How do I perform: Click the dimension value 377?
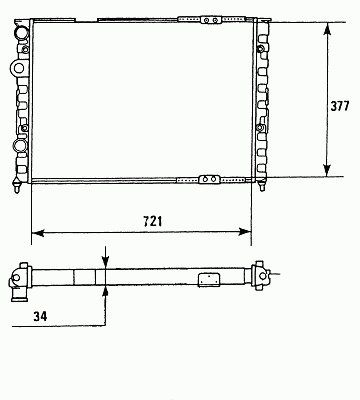[340, 106]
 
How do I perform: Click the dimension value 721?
[153, 221]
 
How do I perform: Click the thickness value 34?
[40, 316]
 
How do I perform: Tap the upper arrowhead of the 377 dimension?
[327, 29]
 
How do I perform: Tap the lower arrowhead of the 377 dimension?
[327, 170]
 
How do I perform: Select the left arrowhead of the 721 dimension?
[38, 232]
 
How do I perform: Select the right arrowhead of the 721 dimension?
[244, 232]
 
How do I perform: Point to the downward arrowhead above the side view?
[105, 262]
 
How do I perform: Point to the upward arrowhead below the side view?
[105, 292]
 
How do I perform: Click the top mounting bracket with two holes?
[211, 20]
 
